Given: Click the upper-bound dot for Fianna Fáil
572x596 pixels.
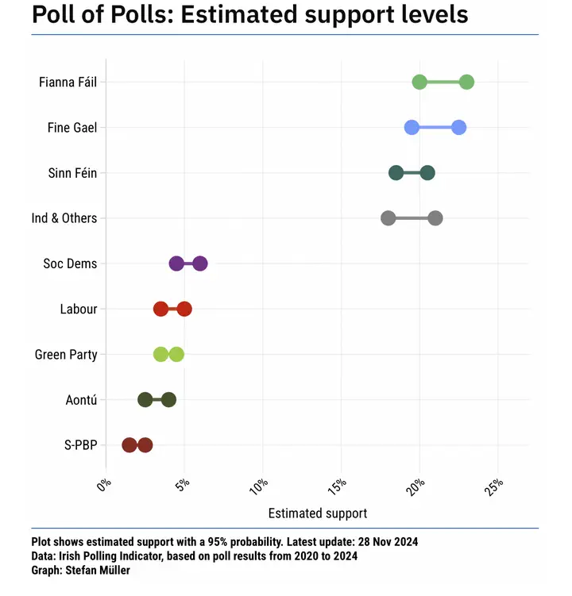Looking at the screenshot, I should (x=466, y=82).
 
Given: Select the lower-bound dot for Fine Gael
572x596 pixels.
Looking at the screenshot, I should (x=412, y=127).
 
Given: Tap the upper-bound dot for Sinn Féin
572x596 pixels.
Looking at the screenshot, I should (x=427, y=172).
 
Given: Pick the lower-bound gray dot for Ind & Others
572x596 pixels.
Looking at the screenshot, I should (x=388, y=218).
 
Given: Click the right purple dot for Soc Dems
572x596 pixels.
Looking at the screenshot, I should (x=200, y=263).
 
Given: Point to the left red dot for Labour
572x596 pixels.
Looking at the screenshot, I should (x=161, y=309).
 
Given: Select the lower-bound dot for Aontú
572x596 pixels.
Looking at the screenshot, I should (x=145, y=400).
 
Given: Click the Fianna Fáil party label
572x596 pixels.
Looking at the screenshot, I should (x=68, y=82).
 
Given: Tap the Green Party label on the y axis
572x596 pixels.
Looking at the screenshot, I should (x=66, y=355).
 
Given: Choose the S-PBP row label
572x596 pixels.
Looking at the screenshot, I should (x=80, y=445).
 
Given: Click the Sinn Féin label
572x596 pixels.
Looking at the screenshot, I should (x=72, y=173).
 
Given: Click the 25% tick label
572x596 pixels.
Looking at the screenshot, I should (x=494, y=485).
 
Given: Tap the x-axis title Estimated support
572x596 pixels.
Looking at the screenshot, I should (x=318, y=513).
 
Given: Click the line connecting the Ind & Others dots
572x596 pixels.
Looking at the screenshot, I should (x=412, y=218).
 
